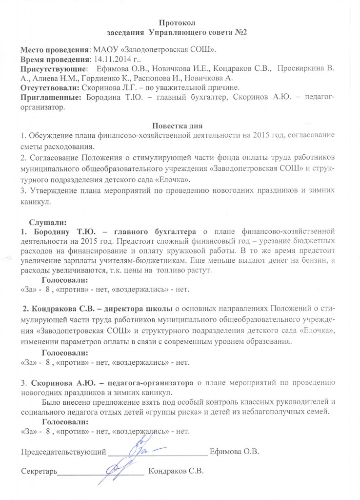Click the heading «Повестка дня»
(180, 125)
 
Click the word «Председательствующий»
(63, 451)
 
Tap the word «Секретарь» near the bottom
(39, 471)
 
